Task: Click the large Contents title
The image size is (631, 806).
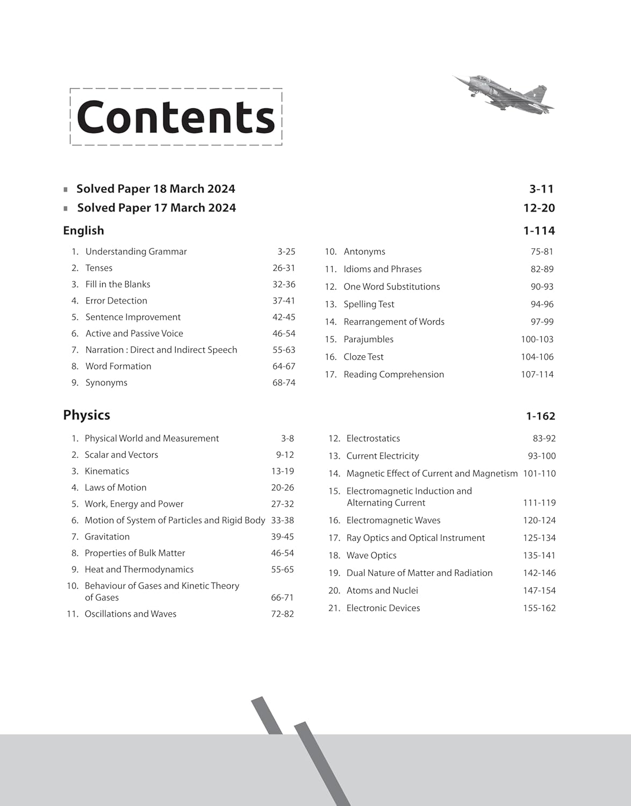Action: coord(176,117)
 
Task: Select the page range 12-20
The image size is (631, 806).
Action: coord(539,208)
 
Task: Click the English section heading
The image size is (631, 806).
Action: coord(83,231)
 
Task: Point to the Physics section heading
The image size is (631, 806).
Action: coord(87,415)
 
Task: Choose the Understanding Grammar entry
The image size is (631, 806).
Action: coord(136,251)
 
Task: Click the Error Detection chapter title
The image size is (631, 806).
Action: coord(116,301)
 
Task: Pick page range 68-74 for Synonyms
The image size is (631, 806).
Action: coord(284,383)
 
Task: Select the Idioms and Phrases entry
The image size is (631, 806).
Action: coord(382,269)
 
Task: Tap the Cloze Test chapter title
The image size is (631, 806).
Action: coord(363,357)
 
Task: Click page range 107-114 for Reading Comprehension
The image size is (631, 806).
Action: coord(537,375)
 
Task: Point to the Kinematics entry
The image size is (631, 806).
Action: coord(107,471)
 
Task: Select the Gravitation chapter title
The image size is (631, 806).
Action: coord(107,537)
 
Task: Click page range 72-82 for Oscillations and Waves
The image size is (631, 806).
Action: coord(282,614)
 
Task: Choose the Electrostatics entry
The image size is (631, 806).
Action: coord(373,438)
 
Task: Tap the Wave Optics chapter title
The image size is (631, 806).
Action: coord(371,556)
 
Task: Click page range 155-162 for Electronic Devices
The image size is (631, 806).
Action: coord(539,608)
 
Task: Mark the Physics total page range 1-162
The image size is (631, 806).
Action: coord(540,416)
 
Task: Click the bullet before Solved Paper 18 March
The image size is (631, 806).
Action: coord(66,189)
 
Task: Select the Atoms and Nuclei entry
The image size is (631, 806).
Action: coord(382,591)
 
